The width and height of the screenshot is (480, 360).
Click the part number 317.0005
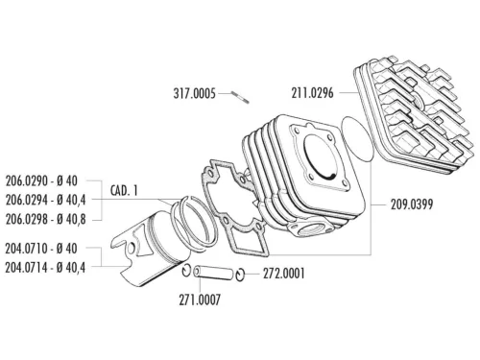coord(196,93)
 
